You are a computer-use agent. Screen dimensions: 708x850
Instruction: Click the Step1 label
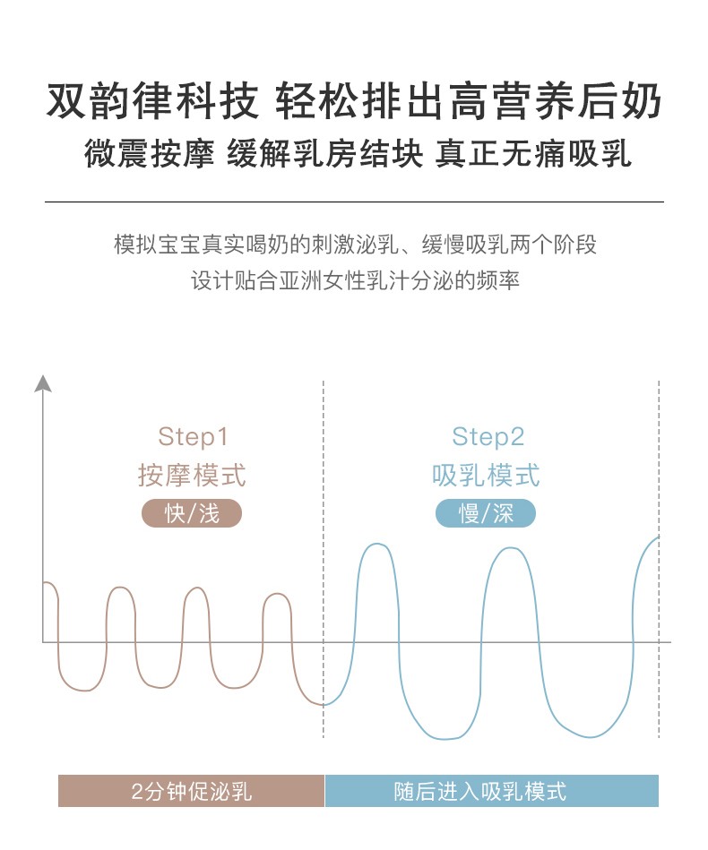click(193, 437)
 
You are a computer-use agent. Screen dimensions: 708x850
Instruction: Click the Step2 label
click(488, 437)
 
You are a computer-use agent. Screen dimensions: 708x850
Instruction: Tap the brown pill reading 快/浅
click(192, 513)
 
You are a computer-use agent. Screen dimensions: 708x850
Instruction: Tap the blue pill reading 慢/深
click(486, 513)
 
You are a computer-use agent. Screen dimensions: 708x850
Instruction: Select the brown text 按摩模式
click(192, 476)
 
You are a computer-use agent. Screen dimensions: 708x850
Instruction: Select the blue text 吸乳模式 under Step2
click(486, 476)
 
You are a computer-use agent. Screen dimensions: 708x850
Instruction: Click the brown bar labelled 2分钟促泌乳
click(192, 791)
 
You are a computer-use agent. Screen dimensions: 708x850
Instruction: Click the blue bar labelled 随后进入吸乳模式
click(491, 791)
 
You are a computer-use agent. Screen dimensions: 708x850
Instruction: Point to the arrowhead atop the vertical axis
click(43, 382)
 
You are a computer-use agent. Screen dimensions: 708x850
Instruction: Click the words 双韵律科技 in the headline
click(152, 101)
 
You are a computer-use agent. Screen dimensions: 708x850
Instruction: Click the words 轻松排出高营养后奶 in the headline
click(469, 101)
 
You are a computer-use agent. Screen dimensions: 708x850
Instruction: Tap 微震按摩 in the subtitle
click(149, 153)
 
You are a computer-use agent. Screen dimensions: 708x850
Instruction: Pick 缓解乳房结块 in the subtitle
click(325, 153)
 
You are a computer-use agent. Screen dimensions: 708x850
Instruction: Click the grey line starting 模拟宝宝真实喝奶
click(356, 245)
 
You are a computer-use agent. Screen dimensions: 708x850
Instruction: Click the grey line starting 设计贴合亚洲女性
click(356, 280)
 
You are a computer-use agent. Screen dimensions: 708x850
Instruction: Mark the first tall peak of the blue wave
click(376, 544)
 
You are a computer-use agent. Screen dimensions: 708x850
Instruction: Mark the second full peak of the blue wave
click(510, 548)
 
